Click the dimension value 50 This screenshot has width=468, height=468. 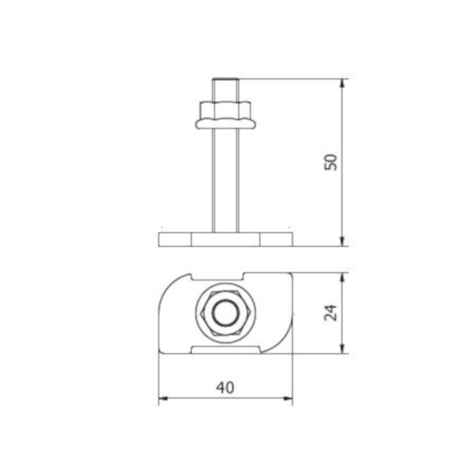[x=331, y=162]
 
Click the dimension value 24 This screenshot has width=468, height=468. [x=331, y=313]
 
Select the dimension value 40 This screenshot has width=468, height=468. [x=225, y=388]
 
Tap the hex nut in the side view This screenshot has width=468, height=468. [x=225, y=111]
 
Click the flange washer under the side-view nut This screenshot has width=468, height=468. [x=226, y=124]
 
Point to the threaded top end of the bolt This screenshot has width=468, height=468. [x=225, y=81]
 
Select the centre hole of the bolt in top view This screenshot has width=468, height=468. [x=226, y=313]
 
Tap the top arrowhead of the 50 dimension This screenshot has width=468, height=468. [x=342, y=84]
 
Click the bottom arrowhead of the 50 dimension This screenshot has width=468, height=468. [x=342, y=242]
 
